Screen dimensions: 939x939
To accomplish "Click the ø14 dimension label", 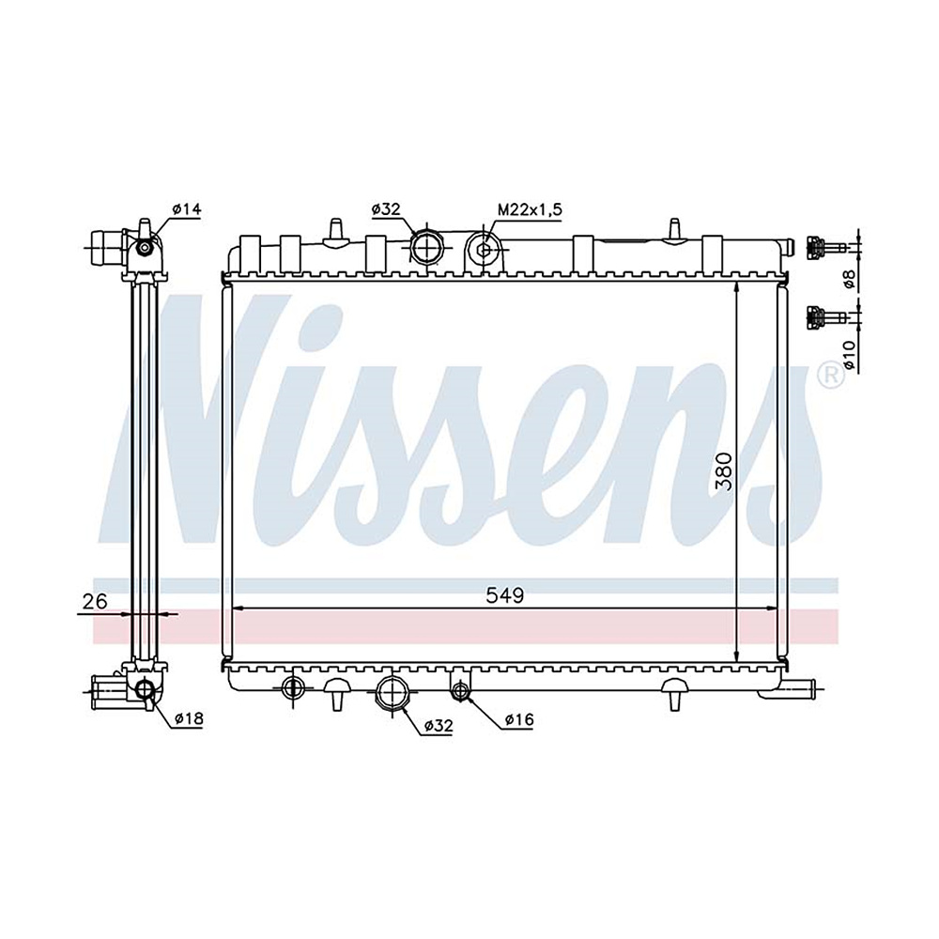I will click(x=187, y=209).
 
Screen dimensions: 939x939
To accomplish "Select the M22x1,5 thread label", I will click(x=530, y=210).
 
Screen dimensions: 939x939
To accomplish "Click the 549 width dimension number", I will click(x=503, y=595).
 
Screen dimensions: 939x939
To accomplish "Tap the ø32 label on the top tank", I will click(x=386, y=210).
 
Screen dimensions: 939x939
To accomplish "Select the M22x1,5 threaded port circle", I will click(x=484, y=249).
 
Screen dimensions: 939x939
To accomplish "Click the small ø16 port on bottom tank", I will click(x=460, y=691).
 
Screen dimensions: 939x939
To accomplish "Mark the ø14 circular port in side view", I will click(x=145, y=247).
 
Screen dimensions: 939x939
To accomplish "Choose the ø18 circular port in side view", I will click(x=145, y=690).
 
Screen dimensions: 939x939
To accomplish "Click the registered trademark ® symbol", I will click(x=828, y=373).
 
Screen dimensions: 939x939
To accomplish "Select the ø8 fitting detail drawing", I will click(x=821, y=247).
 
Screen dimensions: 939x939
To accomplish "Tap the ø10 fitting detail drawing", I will click(x=821, y=316).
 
